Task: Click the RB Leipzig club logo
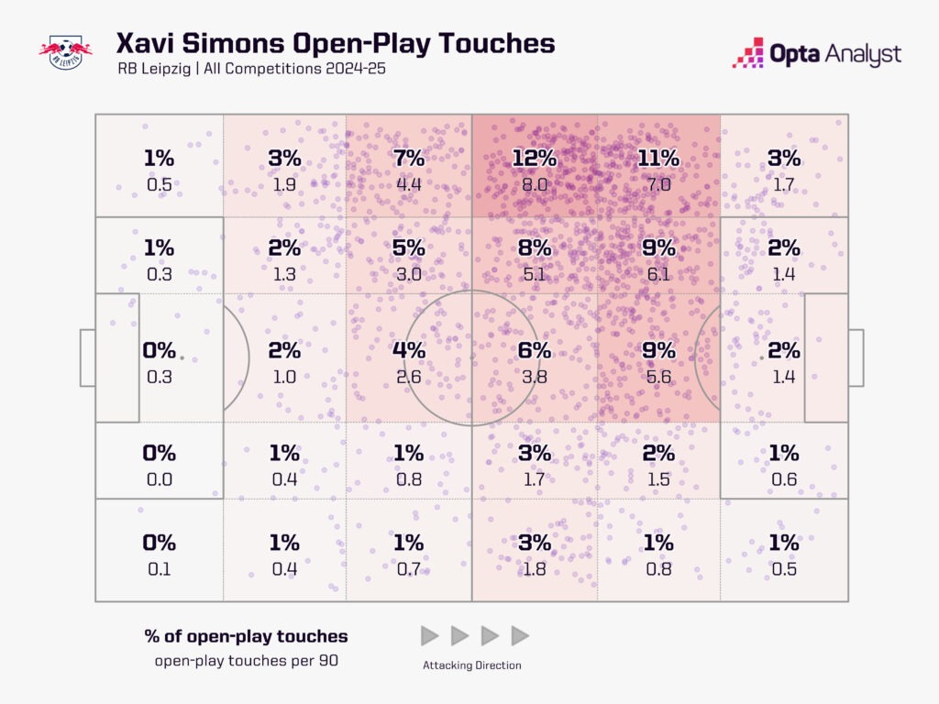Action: [65, 51]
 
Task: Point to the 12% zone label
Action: [535, 158]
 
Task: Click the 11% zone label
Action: [658, 158]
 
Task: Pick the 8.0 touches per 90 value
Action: [535, 184]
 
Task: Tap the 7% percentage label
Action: [409, 158]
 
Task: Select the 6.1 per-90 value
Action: [658, 274]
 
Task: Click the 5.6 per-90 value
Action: [658, 376]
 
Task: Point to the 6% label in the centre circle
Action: [535, 350]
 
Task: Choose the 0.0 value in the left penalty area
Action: [159, 478]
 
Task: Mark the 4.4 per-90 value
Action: [409, 184]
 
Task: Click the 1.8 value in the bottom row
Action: [535, 568]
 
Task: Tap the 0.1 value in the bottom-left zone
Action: [159, 568]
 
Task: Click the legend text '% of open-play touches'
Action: [246, 636]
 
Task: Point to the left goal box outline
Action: [87, 357]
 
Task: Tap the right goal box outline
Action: [856, 357]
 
